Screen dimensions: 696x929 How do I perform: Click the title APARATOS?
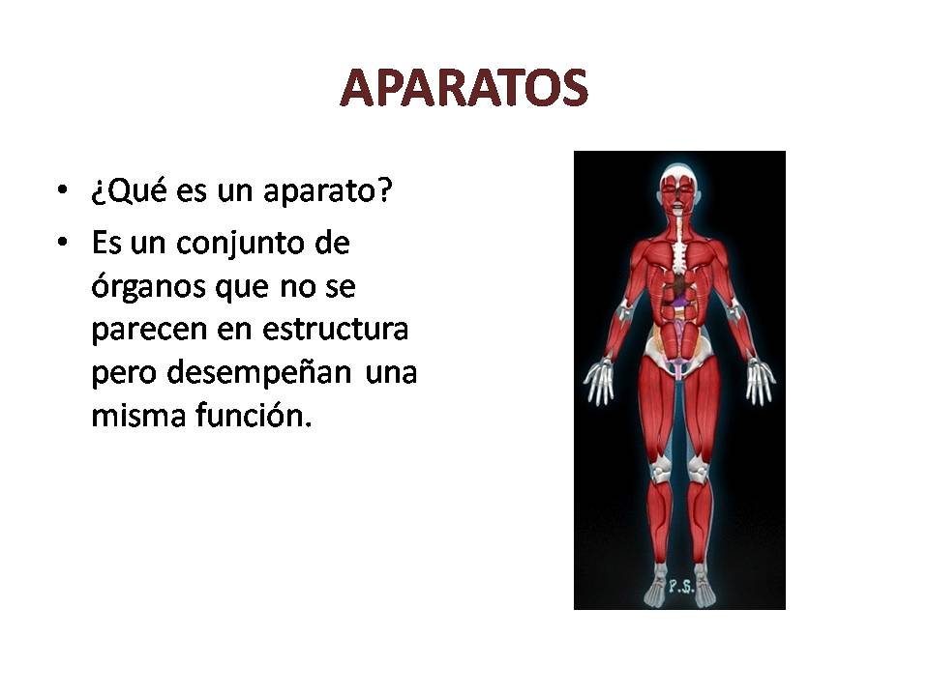click(464, 89)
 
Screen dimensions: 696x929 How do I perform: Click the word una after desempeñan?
click(390, 374)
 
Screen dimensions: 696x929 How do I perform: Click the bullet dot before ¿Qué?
click(64, 190)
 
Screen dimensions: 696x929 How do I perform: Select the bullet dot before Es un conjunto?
click(64, 242)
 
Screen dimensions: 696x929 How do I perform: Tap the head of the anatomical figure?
click(679, 184)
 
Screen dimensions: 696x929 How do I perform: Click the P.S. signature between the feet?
click(681, 584)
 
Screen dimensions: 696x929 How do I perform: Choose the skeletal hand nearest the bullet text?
click(599, 381)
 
